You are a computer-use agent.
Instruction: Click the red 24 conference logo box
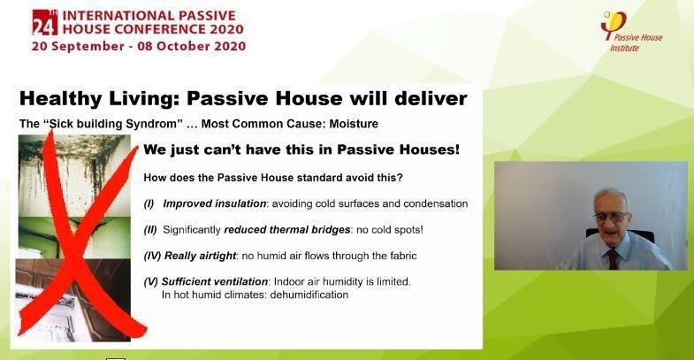click(x=45, y=22)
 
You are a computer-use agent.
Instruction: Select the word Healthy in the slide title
click(x=61, y=99)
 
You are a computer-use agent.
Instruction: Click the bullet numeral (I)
click(x=149, y=203)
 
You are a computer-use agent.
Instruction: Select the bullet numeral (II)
click(x=150, y=230)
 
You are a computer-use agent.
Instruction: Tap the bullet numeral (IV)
click(x=152, y=256)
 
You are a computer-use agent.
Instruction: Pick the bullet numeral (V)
click(x=150, y=281)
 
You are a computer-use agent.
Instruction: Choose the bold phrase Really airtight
click(x=200, y=256)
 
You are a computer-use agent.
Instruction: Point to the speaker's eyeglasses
click(x=612, y=216)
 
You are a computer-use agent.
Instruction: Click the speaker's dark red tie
click(x=613, y=258)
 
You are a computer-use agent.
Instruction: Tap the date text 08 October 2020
click(x=191, y=46)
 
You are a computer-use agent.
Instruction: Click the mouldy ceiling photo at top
click(x=74, y=176)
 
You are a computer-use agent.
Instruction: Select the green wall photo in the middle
click(x=74, y=238)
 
